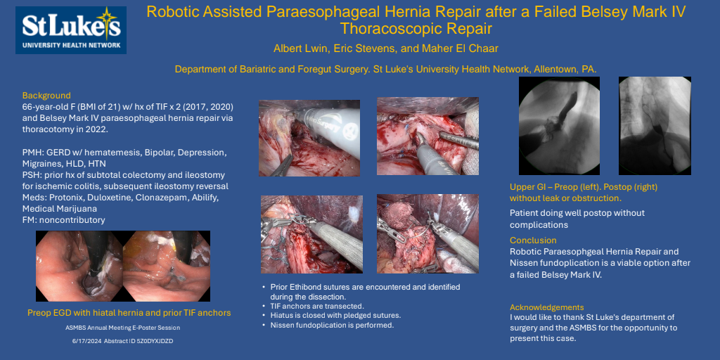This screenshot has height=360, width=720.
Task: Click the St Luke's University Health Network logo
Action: pos(71,30)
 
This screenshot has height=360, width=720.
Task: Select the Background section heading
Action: pos(46,96)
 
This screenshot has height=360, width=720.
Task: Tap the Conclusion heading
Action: pos(533,240)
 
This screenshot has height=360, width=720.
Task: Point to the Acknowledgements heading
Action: pos(547,307)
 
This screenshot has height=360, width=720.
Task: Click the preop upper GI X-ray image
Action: pos(559,126)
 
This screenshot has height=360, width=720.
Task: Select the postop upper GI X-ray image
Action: pos(655,126)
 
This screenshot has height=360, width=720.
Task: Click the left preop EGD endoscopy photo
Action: pos(79,266)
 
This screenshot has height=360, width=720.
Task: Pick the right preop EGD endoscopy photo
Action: pos(167,266)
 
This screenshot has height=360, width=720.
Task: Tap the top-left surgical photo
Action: pos(309,139)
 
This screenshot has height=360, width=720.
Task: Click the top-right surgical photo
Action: pos(428,136)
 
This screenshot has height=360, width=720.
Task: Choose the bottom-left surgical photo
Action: pos(311,235)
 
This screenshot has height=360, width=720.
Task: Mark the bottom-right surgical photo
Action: pos(428,233)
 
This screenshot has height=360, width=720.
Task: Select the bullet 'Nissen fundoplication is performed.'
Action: pos(332,326)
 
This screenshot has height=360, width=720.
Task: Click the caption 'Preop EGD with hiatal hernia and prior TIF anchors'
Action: pos(129,313)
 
